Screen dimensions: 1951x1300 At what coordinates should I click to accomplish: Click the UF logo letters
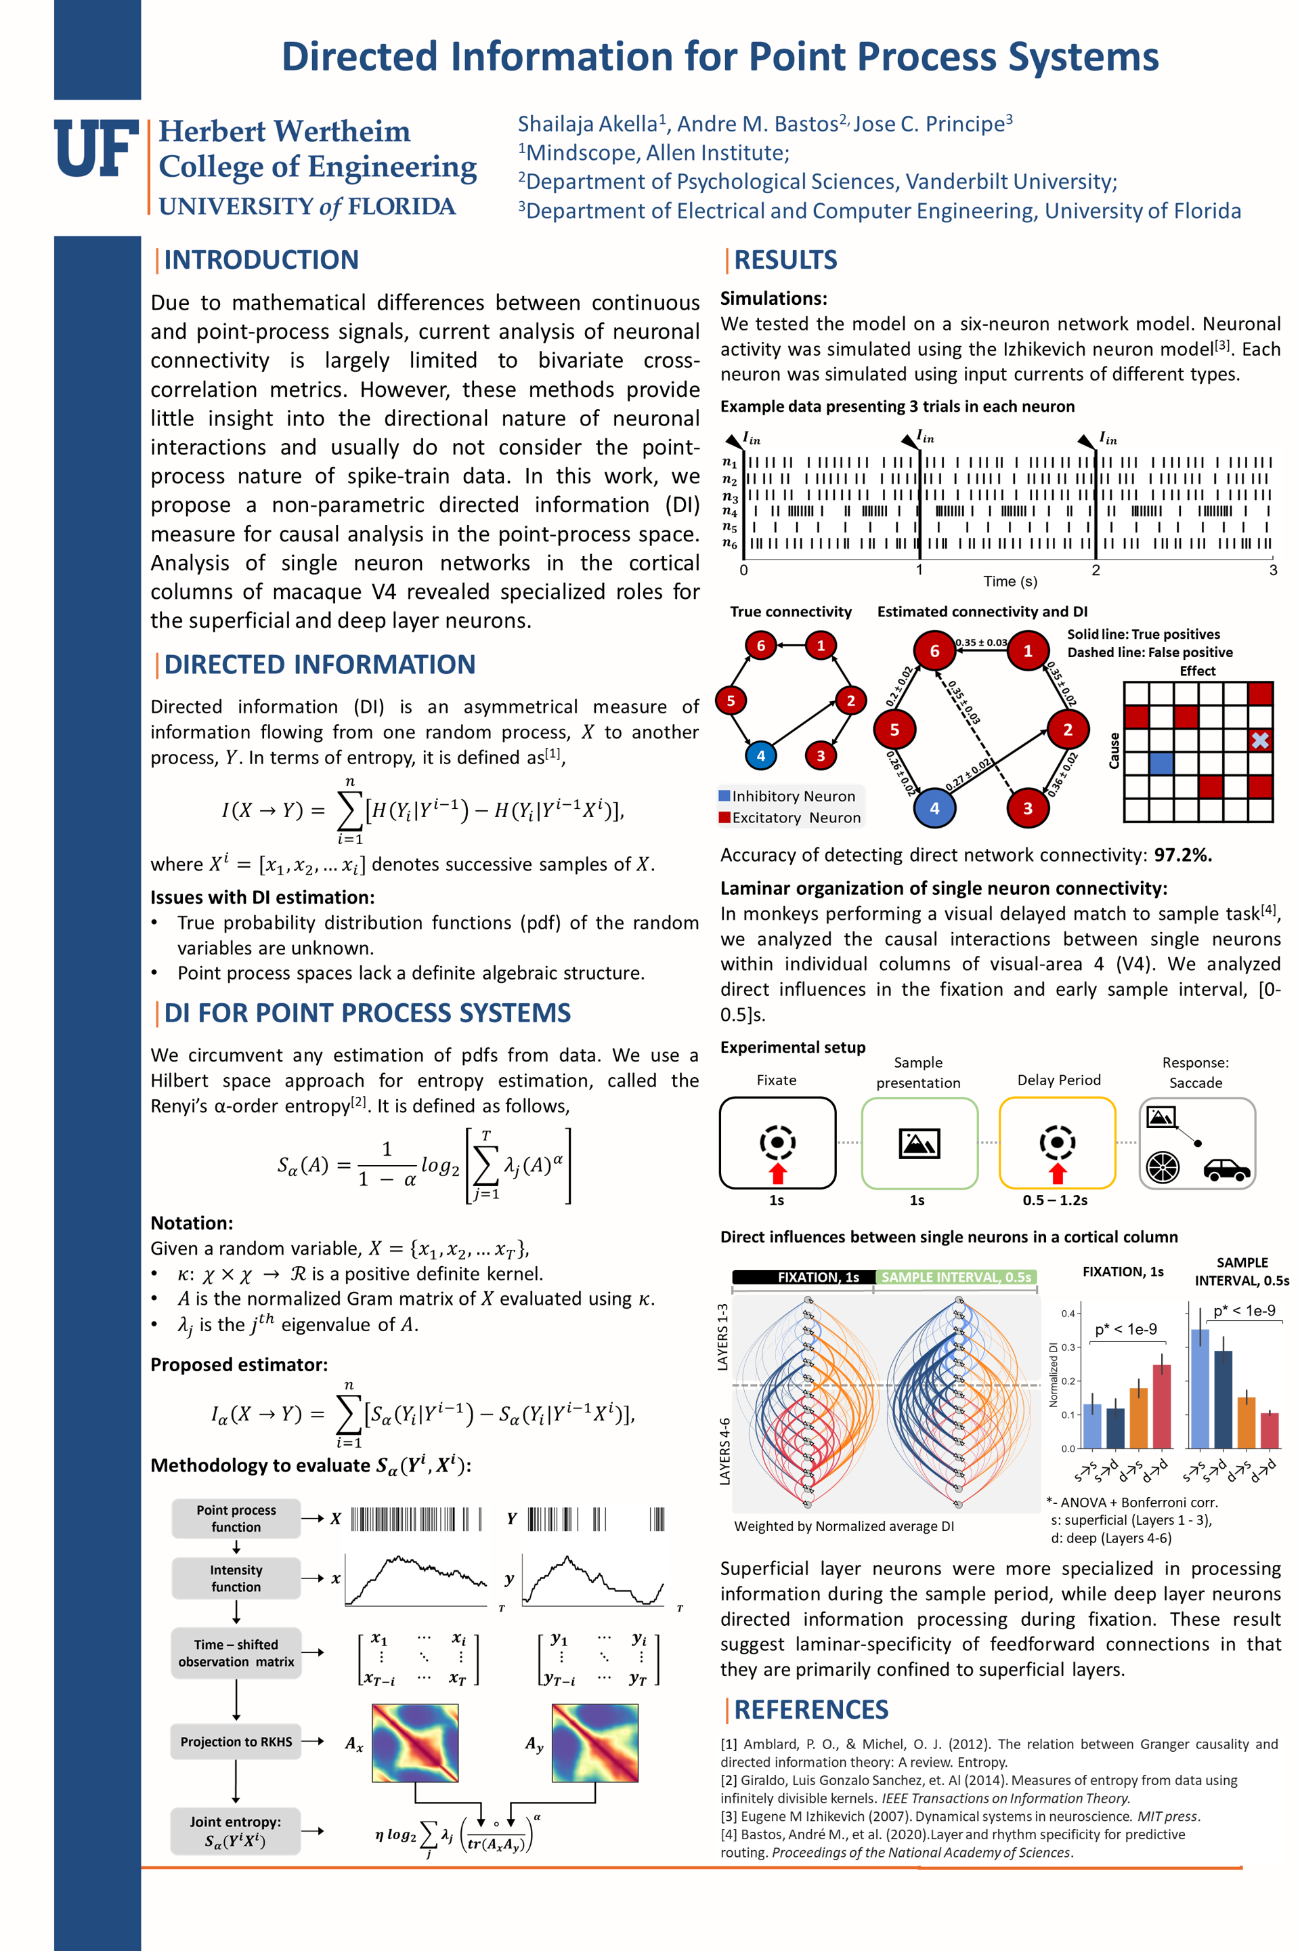(96, 148)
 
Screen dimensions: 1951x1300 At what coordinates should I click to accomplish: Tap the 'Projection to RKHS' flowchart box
(236, 1741)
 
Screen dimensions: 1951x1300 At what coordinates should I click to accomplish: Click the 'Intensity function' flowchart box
(236, 1578)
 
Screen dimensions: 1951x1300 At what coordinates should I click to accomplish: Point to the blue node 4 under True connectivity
(760, 755)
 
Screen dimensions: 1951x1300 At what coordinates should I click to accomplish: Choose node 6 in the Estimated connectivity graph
(934, 651)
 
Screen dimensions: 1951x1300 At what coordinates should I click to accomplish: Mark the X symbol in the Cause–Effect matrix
(1260, 740)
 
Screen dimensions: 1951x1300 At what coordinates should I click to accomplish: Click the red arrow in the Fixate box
(777, 1173)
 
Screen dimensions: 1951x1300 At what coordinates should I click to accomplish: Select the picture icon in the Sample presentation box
(919, 1143)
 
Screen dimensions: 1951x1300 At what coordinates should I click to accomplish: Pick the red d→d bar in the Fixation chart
(1162, 1406)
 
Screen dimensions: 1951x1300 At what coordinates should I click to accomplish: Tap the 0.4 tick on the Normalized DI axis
(1068, 1313)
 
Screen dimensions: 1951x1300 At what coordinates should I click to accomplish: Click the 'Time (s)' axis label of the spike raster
(1010, 581)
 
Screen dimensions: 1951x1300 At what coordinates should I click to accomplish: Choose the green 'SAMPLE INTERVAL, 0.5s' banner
(956, 1276)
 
